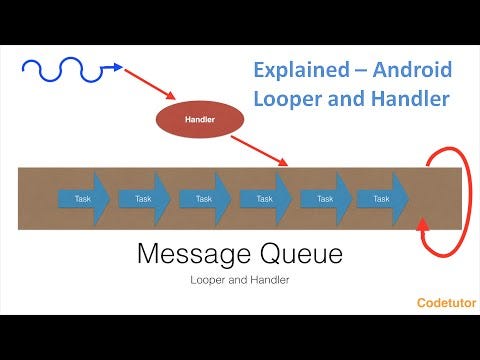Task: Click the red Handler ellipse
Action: point(200,120)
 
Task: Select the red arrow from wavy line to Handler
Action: point(150,86)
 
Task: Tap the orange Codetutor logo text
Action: point(445,300)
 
